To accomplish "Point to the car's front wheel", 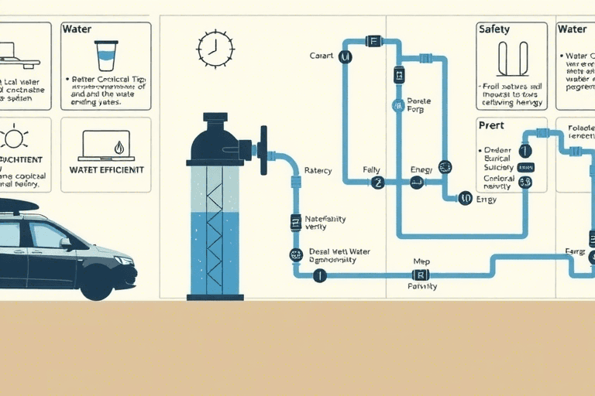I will coord(96,282).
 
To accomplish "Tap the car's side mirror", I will coord(66,242).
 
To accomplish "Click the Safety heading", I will coord(494,29).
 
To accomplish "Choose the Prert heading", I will coord(491,125).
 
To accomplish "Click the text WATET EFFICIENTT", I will coord(105,169).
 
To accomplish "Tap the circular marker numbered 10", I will coord(465,198).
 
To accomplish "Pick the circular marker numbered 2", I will coord(377,183).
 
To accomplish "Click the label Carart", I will coord(320,56).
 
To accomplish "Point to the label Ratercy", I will coord(318,170).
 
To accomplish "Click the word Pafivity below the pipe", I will coord(422,286).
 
